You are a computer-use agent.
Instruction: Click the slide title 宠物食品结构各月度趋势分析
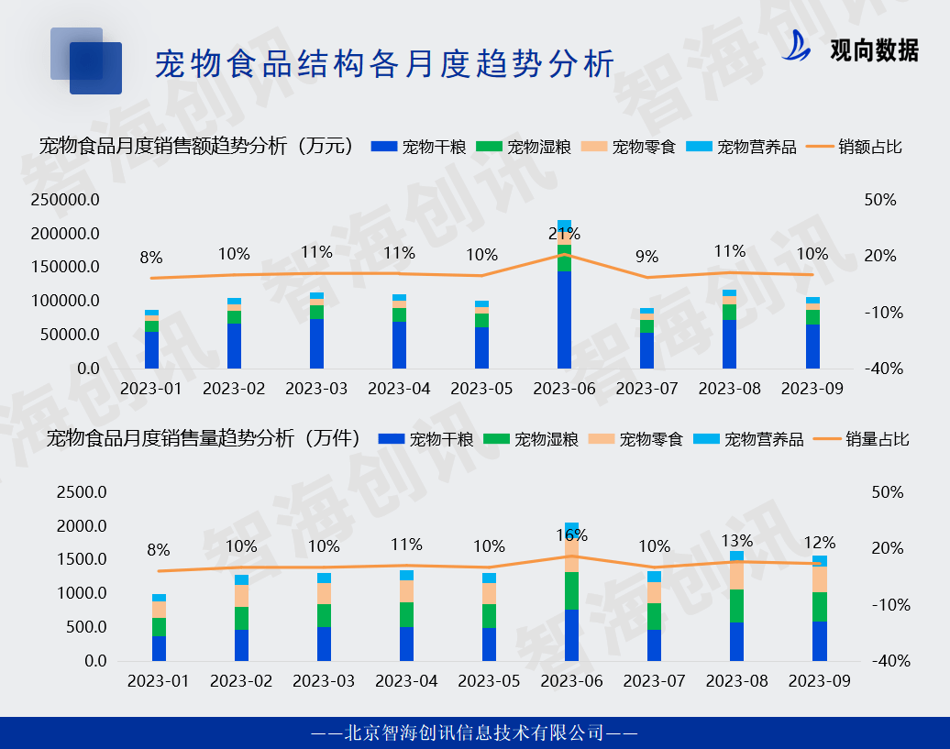[384, 64]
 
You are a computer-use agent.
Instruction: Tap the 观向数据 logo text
[873, 50]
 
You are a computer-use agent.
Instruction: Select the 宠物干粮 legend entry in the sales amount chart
[420, 147]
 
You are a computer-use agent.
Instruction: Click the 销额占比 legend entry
[856, 147]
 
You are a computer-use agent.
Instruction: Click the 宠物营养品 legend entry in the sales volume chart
[749, 439]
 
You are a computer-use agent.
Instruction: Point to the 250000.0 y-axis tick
[64, 200]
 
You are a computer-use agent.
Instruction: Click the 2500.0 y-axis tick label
[82, 492]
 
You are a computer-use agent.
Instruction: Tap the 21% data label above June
[563, 234]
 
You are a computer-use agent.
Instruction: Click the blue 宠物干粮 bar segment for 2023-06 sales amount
[564, 319]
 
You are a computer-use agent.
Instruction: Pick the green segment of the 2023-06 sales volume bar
[571, 590]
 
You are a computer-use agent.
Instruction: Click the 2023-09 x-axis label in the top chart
[812, 389]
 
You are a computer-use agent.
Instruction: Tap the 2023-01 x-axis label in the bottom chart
[159, 681]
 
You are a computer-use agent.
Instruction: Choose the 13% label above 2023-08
[736, 541]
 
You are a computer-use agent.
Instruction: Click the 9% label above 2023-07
[646, 258]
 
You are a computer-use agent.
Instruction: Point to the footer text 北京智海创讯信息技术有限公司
[474, 732]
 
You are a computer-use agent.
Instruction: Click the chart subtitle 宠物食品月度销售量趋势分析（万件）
[203, 438]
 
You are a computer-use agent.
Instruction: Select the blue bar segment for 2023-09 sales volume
[819, 641]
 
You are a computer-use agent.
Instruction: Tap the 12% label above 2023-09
[819, 542]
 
